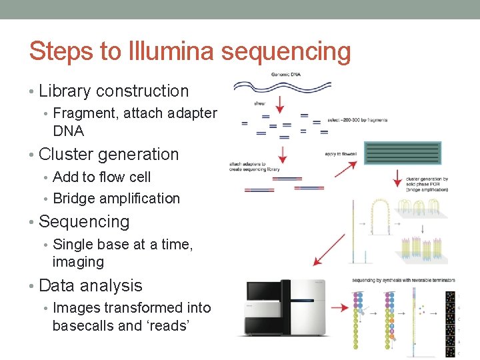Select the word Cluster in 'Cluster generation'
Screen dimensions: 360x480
(65, 154)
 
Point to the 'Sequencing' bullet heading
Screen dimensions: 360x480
(84, 221)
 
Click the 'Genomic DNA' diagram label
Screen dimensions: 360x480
(285, 74)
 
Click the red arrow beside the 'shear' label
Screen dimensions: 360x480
(280, 103)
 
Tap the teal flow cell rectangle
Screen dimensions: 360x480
(403, 153)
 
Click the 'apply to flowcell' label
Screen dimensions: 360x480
(340, 154)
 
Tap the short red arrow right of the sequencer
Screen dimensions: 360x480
(340, 308)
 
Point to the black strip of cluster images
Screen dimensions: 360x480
(451, 320)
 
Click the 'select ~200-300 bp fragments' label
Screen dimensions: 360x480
(357, 120)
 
